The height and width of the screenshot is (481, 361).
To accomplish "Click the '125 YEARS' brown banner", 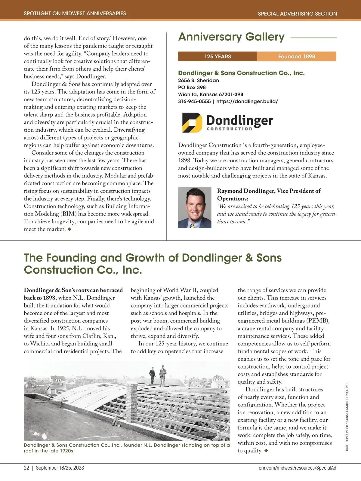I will pyautogui.click(x=218, y=57).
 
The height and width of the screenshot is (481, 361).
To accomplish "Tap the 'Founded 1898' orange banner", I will pyautogui.click(x=296, y=57).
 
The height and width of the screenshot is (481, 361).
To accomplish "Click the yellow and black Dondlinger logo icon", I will pyautogui.click(x=192, y=123).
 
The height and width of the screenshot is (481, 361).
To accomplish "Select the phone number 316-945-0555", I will pyautogui.click(x=194, y=102).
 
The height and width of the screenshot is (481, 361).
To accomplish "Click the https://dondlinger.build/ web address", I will pyautogui.click(x=247, y=102).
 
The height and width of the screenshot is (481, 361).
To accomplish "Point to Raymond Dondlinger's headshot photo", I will pyautogui.click(x=195, y=207).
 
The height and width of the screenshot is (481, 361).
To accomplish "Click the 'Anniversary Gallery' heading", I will pyautogui.click(x=231, y=37).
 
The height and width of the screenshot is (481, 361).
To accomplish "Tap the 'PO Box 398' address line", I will pyautogui.click(x=192, y=87).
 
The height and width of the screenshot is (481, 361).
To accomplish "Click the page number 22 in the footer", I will pyautogui.click(x=26, y=468).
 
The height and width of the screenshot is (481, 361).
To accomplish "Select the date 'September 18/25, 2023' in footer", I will pyautogui.click(x=60, y=468).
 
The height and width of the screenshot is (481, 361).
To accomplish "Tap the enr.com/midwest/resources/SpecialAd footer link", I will pyautogui.click(x=297, y=468).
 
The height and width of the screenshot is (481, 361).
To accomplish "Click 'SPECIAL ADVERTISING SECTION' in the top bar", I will pyautogui.click(x=297, y=14).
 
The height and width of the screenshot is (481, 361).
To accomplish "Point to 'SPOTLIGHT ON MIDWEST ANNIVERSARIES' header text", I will pyautogui.click(x=75, y=14).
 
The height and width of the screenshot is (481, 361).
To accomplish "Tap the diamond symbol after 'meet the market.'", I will pyautogui.click(x=69, y=229).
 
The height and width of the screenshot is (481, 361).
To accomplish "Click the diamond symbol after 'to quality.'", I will pyautogui.click(x=266, y=451).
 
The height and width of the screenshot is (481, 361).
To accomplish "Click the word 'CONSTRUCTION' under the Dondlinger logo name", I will pyautogui.click(x=229, y=129).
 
